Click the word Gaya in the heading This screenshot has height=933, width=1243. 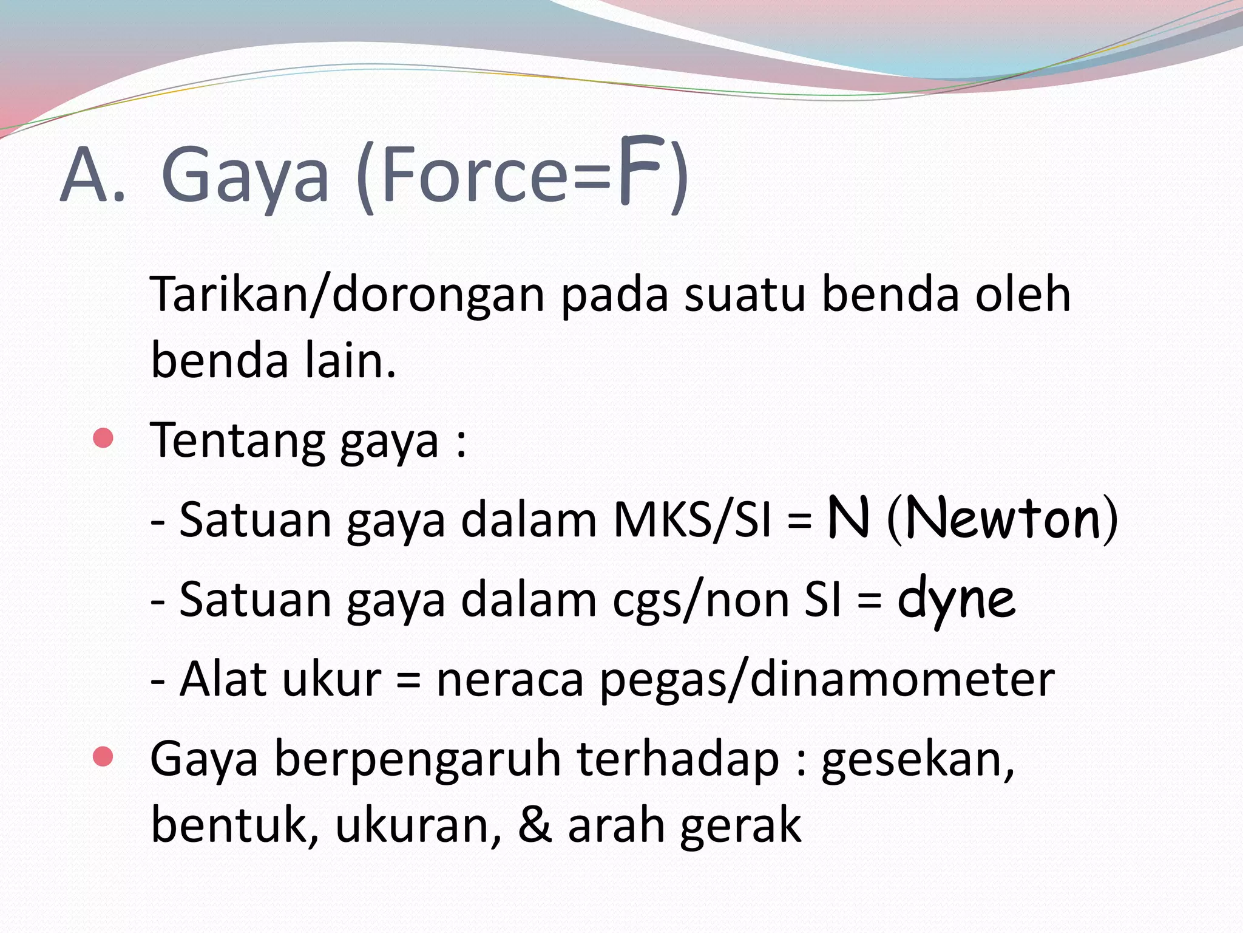click(245, 176)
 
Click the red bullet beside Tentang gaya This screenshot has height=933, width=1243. click(104, 438)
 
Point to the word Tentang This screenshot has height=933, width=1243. click(237, 441)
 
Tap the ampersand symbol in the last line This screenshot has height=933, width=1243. click(535, 824)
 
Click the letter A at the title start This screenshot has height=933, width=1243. click(85, 176)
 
